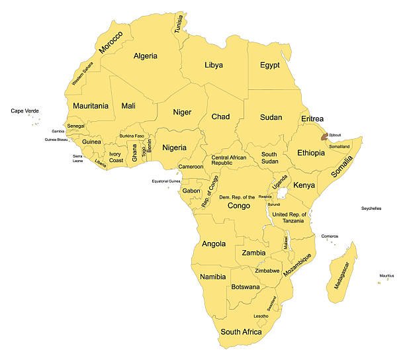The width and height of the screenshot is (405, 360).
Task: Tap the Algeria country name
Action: [145, 56]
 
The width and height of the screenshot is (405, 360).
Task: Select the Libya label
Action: [213, 65]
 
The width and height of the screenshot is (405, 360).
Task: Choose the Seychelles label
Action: [371, 208]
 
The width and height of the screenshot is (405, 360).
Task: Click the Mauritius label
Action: [386, 275]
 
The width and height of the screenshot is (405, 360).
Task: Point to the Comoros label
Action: [330, 236]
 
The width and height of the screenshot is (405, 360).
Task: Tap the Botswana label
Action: [245, 288]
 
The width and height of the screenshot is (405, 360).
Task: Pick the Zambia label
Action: [253, 253]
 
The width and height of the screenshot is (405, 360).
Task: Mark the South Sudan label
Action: [269, 157]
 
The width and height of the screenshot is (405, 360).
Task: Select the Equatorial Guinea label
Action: [166, 181]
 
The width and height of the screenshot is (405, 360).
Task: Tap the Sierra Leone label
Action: [78, 158]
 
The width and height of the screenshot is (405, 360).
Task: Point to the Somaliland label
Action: [338, 146]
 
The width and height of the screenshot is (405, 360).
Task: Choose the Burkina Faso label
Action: [132, 136]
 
